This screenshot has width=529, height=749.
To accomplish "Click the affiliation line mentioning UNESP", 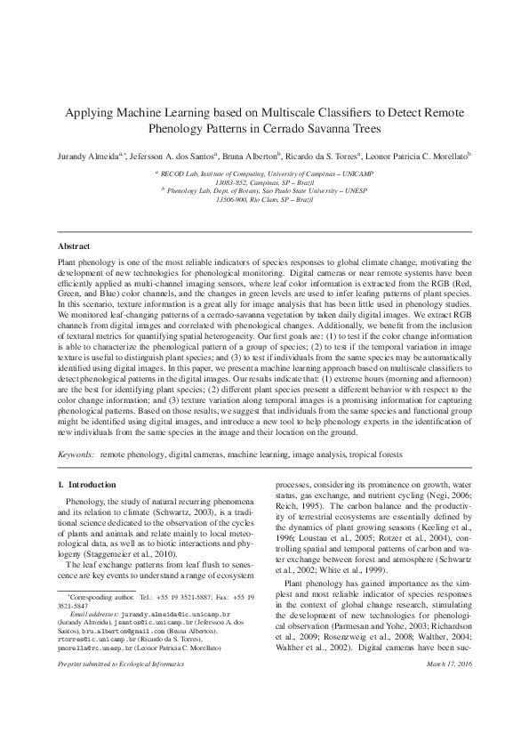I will pyautogui.click(x=265, y=189).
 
